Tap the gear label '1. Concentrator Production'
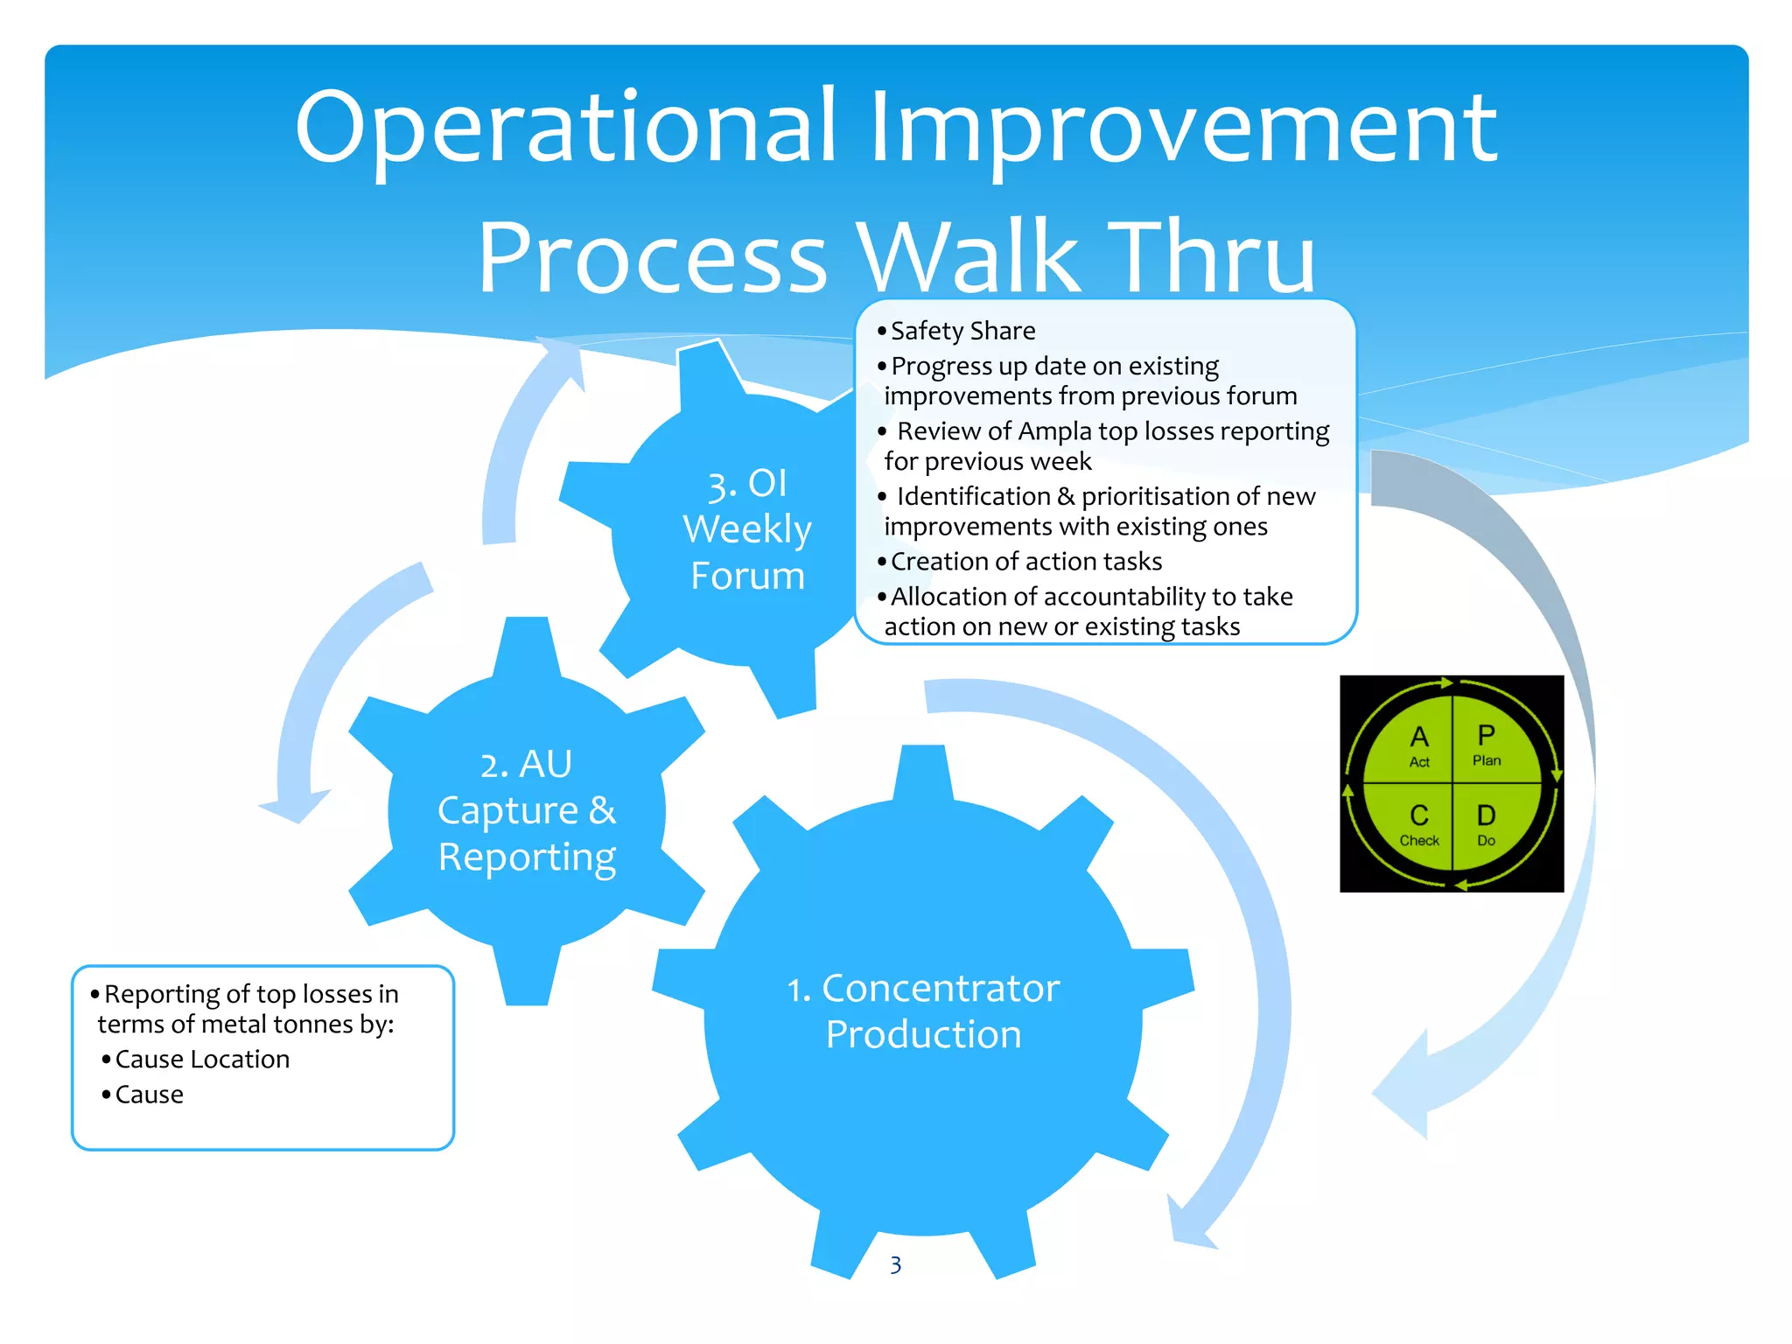[923, 1011]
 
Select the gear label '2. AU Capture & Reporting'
[527, 810]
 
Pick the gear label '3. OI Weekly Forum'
[746, 529]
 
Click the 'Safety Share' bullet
[962, 331]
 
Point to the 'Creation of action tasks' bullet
[1025, 561]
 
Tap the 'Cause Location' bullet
[202, 1060]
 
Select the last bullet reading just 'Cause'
[150, 1095]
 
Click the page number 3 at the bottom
[895, 1265]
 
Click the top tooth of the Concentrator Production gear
[922, 770]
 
